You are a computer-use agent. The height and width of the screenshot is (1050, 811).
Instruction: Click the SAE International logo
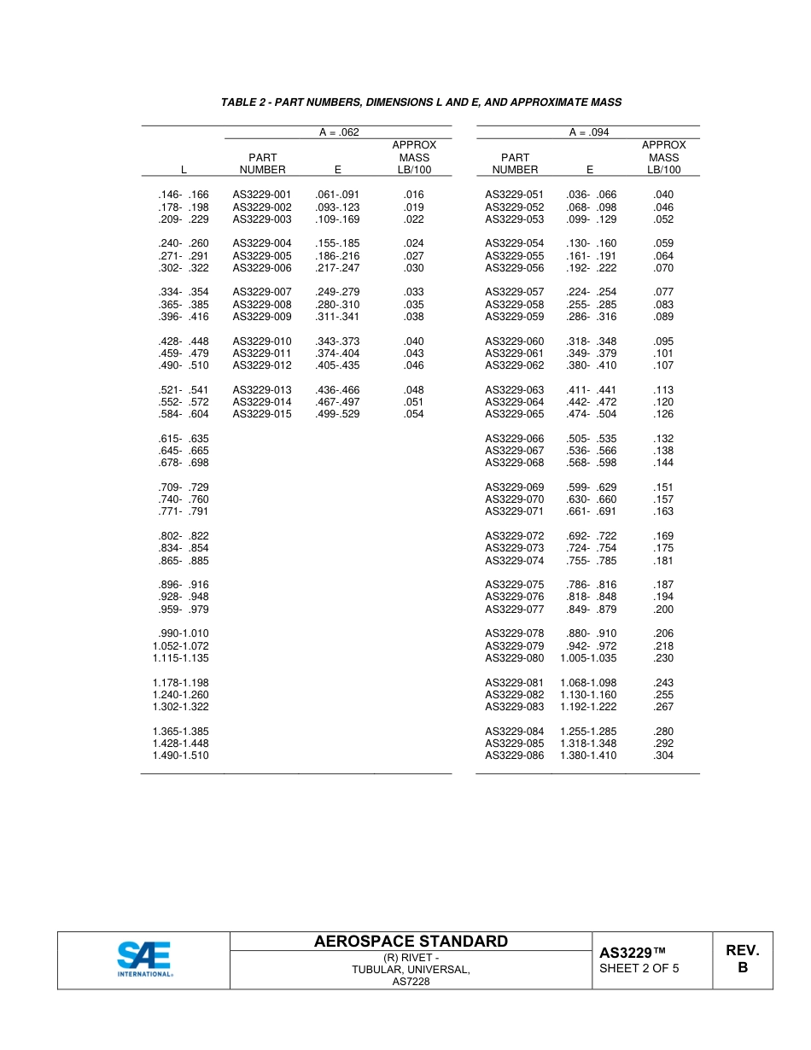pyautogui.click(x=144, y=959)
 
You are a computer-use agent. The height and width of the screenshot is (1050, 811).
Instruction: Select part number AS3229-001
pyautogui.click(x=262, y=195)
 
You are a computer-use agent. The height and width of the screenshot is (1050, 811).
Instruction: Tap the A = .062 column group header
pyautogui.click(x=337, y=132)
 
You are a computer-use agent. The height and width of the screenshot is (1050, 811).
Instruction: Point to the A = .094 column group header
pyautogui.click(x=589, y=132)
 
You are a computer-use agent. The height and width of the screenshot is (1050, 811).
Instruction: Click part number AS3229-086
pyautogui.click(x=514, y=755)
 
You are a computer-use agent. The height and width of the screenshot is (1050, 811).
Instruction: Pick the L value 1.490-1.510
pyautogui.click(x=181, y=755)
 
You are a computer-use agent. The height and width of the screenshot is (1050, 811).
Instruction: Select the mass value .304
pyautogui.click(x=663, y=755)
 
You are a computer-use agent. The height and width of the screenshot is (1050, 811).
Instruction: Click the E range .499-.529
pyautogui.click(x=337, y=414)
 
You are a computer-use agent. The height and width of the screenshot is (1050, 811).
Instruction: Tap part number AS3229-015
pyautogui.click(x=262, y=414)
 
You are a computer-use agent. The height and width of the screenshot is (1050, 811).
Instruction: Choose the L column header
pyautogui.click(x=184, y=170)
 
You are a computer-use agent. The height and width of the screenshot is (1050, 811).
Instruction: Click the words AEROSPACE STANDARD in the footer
pyautogui.click(x=411, y=942)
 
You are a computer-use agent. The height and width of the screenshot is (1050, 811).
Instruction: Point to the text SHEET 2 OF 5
pyautogui.click(x=639, y=968)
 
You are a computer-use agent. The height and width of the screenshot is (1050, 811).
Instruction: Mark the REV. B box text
pyautogui.click(x=742, y=959)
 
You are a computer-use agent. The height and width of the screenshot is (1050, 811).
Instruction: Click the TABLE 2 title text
pyautogui.click(x=421, y=102)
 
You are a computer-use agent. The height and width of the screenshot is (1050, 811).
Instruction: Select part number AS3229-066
pyautogui.click(x=514, y=439)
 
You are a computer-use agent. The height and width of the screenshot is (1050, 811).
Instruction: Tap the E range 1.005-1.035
pyautogui.click(x=588, y=658)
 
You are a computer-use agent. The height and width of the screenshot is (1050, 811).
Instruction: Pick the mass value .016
pyautogui.click(x=414, y=195)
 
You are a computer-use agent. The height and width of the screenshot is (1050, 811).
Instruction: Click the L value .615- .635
pyautogui.click(x=184, y=439)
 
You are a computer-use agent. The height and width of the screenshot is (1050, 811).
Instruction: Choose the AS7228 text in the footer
pyautogui.click(x=411, y=982)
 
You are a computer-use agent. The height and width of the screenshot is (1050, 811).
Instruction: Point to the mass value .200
pyautogui.click(x=663, y=610)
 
